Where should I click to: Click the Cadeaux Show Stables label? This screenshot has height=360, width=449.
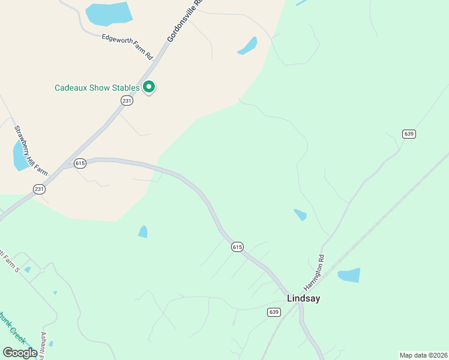click(97, 88)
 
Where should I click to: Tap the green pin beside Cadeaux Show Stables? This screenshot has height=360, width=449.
click(149, 87)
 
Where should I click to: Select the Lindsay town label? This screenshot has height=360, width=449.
click(303, 298)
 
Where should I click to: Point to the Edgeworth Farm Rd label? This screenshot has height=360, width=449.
click(127, 46)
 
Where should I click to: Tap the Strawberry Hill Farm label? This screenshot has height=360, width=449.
click(31, 150)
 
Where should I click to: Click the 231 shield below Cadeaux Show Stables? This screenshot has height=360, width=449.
click(126, 100)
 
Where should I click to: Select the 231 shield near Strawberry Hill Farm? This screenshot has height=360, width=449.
click(39, 189)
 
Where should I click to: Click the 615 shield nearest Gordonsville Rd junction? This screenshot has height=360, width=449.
click(80, 163)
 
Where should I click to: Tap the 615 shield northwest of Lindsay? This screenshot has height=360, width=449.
click(237, 247)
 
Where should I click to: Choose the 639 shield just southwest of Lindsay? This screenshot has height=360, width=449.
click(274, 312)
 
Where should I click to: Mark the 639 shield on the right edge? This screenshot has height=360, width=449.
click(409, 134)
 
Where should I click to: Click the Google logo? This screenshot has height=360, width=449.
click(20, 353)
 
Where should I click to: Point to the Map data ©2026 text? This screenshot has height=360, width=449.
click(423, 355)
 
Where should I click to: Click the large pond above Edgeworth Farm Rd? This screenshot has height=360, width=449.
click(109, 14)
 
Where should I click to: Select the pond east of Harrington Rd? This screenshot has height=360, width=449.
click(349, 275)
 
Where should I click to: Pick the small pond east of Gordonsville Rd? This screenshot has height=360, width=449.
click(247, 46)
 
